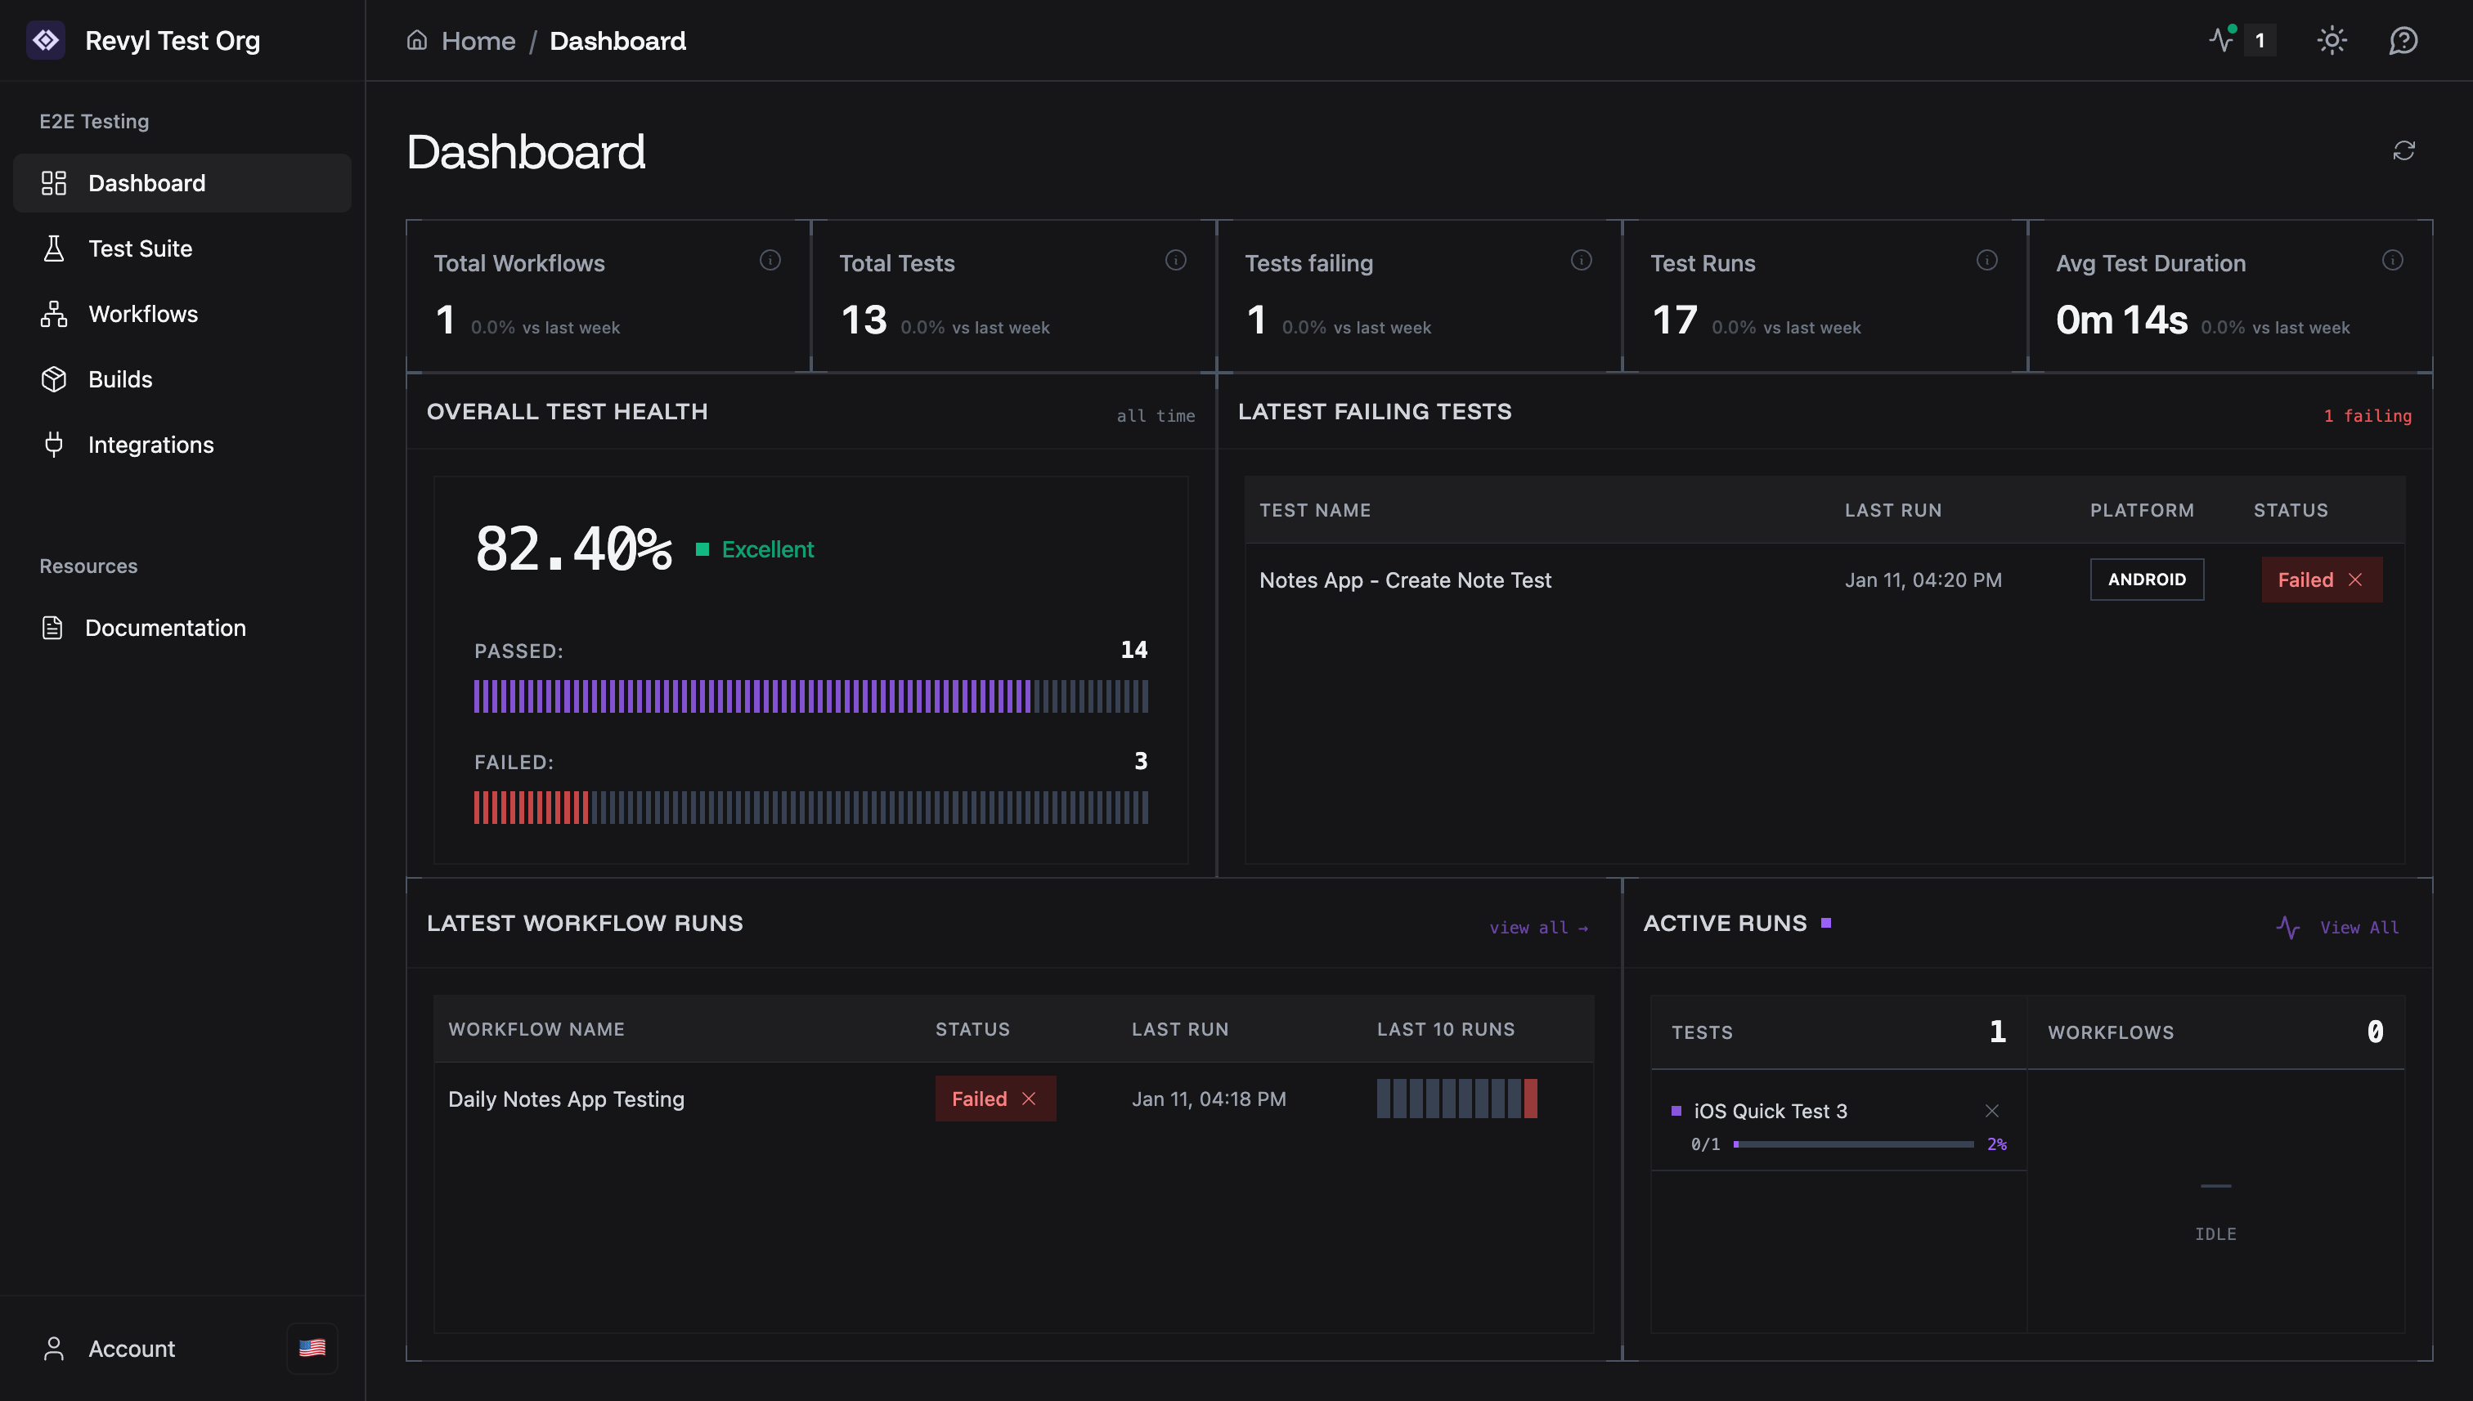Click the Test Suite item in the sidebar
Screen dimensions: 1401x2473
140,248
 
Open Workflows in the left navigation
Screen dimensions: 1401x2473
142,314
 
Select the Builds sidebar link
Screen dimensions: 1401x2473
119,379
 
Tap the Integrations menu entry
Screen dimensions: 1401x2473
150,445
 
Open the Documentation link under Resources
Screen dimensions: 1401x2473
164,628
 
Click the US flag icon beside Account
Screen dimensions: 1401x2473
312,1348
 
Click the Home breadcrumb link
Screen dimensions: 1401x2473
478,40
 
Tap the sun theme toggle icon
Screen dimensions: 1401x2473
2332,40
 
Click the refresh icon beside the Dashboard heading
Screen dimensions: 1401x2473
2403,151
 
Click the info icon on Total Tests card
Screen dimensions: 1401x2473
1175,260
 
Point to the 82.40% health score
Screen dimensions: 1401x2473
572,549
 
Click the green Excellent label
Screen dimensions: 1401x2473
767,549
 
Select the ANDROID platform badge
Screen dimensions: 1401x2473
2147,580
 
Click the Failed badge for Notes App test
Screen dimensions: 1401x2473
2321,580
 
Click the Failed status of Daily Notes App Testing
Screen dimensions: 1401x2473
994,1099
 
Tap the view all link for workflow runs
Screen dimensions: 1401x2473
1537,928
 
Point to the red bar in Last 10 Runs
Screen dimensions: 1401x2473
1531,1099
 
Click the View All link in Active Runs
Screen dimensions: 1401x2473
2359,928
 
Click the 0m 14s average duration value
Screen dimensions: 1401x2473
2121,320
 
